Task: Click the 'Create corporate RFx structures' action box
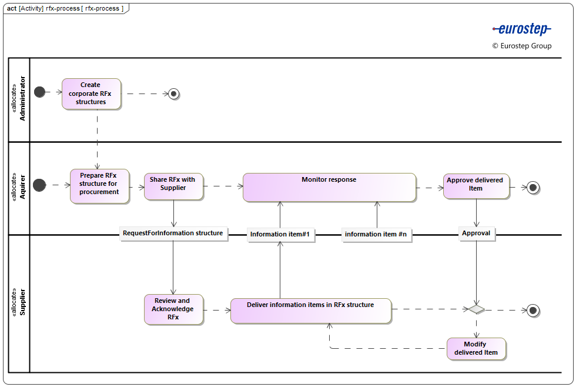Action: point(91,94)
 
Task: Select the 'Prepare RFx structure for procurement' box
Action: point(99,186)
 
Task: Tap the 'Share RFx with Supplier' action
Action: point(173,185)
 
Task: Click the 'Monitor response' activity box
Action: point(329,187)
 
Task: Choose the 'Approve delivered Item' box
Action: point(476,186)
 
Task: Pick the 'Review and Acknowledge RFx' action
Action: point(173,309)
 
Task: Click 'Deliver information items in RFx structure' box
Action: point(310,311)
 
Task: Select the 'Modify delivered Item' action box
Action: point(476,349)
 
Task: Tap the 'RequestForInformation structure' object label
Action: point(173,233)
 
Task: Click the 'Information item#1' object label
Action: point(280,234)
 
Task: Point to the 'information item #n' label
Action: point(376,234)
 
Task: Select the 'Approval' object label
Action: point(476,233)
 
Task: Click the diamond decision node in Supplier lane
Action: point(476,309)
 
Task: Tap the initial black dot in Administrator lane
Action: point(40,92)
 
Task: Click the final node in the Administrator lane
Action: point(173,93)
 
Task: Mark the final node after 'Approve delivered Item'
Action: point(533,188)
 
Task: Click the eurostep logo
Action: point(521,29)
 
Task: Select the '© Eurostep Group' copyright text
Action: point(522,46)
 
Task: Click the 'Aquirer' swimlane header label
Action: point(19,186)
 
